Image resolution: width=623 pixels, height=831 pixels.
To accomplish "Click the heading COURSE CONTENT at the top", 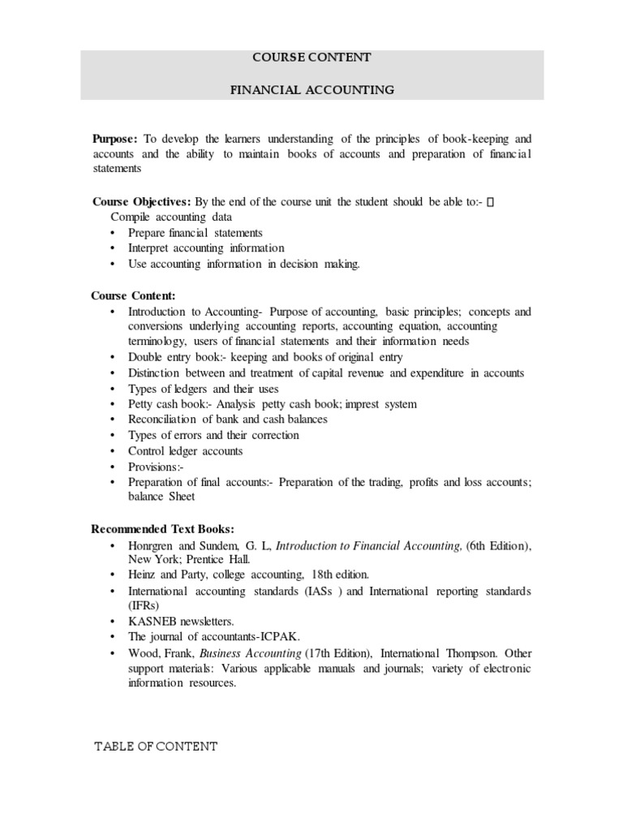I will tap(311, 58).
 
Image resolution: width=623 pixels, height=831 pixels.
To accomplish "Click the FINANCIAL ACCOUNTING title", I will tap(311, 90).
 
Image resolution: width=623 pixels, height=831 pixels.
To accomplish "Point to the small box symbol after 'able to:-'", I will tap(489, 202).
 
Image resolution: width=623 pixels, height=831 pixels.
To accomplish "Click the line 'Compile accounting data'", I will tap(171, 217).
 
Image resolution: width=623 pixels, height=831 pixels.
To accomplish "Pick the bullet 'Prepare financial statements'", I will tap(195, 233).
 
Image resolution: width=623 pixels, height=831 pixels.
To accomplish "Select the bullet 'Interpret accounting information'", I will tap(206, 248).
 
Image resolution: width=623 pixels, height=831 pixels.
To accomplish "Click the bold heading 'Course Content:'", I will tap(133, 295).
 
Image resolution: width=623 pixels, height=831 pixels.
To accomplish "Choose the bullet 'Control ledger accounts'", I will tap(185, 451).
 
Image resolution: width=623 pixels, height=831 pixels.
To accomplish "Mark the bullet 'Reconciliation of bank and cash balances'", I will tap(228, 420).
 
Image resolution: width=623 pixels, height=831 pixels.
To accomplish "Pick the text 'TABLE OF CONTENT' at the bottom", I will tap(157, 747).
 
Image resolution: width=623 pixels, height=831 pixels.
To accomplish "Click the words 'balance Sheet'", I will tap(161, 497).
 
